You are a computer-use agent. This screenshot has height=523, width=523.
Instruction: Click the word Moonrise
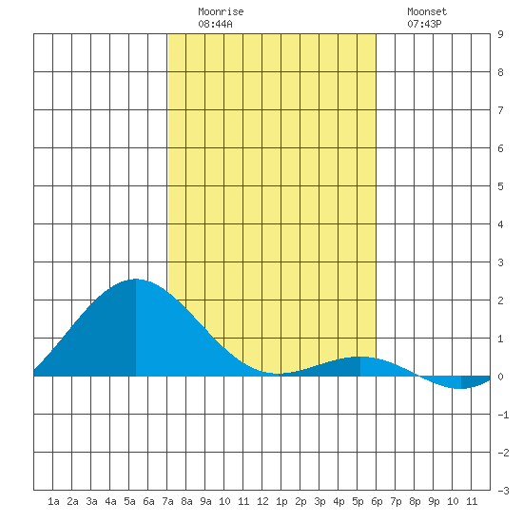(221, 11)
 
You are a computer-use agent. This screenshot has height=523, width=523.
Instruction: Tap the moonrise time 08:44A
(215, 24)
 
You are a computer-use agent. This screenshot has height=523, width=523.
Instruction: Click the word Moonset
(427, 11)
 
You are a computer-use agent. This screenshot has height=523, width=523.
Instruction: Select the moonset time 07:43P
(424, 24)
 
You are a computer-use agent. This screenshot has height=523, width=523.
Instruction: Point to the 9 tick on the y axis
(500, 34)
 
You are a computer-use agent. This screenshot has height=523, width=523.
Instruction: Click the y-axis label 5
(500, 186)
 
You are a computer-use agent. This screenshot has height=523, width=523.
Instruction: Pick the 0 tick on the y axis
(500, 377)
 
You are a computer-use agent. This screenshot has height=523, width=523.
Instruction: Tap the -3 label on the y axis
(503, 491)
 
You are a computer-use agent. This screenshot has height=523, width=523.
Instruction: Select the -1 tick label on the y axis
(503, 415)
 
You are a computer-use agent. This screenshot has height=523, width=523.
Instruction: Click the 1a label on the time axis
(53, 501)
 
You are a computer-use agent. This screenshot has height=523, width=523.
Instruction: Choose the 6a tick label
(148, 501)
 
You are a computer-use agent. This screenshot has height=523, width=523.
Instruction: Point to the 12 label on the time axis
(262, 501)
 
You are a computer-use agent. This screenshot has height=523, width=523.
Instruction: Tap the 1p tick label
(281, 501)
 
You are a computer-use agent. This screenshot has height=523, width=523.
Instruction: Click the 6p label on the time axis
(377, 501)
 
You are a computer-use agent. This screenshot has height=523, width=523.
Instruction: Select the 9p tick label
(434, 501)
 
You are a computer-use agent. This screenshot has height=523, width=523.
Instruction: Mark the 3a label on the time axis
(91, 501)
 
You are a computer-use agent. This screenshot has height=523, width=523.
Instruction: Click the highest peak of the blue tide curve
(136, 280)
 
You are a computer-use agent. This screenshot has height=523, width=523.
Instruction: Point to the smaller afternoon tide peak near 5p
(360, 358)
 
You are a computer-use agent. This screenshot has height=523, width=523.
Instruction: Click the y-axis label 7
(500, 110)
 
